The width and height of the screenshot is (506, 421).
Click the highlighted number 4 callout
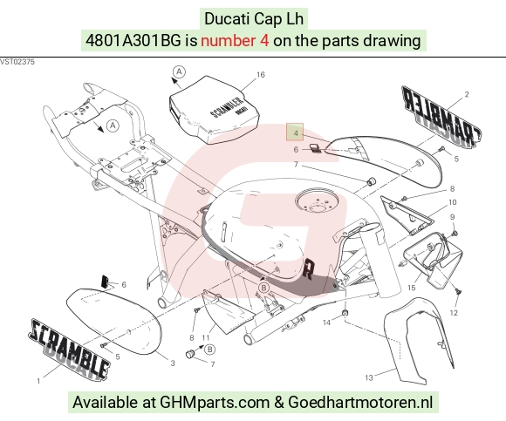click(x=295, y=132)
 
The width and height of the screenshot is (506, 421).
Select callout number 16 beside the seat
click(x=261, y=75)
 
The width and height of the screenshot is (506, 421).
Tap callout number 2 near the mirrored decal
click(x=467, y=94)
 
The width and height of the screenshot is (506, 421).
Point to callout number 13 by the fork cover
click(x=369, y=377)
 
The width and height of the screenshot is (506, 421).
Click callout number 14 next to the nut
click(x=326, y=323)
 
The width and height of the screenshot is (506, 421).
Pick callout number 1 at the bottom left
click(x=38, y=382)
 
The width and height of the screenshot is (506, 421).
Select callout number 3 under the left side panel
click(x=173, y=363)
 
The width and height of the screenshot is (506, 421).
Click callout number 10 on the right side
click(x=453, y=202)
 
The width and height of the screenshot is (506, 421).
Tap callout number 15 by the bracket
click(x=412, y=288)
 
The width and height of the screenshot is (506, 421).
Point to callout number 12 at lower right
click(x=454, y=313)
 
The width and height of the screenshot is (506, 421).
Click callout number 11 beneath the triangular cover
click(x=206, y=338)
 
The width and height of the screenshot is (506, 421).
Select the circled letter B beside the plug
click(x=209, y=350)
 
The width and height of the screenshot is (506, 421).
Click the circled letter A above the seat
click(x=179, y=71)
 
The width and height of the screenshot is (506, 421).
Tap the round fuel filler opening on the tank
click(x=317, y=200)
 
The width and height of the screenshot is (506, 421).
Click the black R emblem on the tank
click(x=308, y=268)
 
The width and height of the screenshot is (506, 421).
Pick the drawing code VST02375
click(x=17, y=62)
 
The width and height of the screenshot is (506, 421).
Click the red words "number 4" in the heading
click(x=235, y=41)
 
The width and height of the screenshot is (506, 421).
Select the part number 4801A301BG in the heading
click(x=133, y=41)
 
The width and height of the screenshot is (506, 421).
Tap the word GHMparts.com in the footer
click(x=215, y=403)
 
